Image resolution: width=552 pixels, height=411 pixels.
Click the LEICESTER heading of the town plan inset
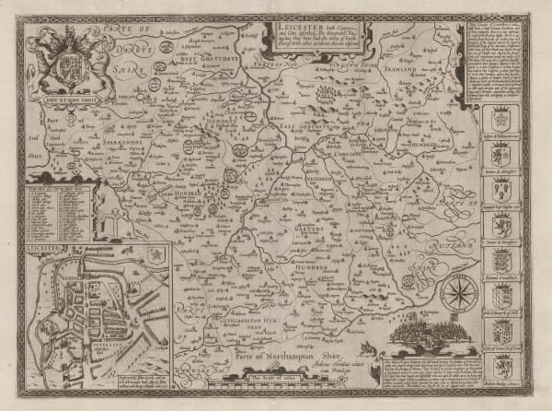[42, 248]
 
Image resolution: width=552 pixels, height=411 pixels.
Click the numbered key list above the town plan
[61, 211]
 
